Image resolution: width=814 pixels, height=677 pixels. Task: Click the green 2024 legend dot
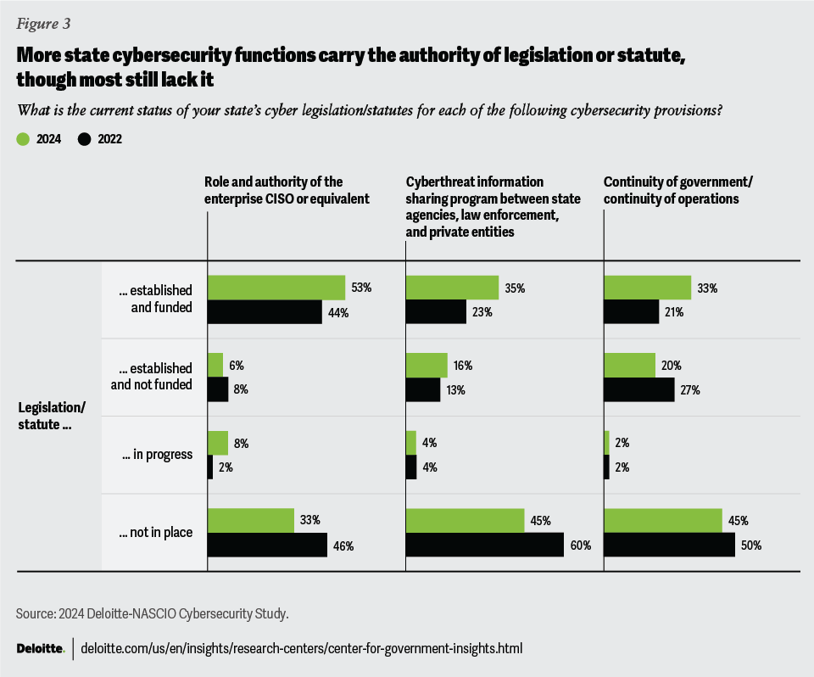pyautogui.click(x=23, y=139)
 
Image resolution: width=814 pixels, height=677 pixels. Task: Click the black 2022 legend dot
pyautogui.click(x=84, y=139)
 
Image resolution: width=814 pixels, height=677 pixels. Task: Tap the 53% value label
pyautogui.click(x=362, y=288)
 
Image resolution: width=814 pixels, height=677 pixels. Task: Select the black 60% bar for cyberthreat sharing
pyautogui.click(x=485, y=545)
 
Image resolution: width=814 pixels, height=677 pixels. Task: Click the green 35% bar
pyautogui.click(x=452, y=288)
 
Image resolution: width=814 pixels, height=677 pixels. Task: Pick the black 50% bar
pyautogui.click(x=669, y=545)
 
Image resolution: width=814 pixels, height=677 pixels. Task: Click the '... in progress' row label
pyautogui.click(x=157, y=454)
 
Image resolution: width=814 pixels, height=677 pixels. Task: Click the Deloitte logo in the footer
pyautogui.click(x=40, y=648)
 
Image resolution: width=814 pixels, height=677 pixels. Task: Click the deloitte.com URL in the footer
pyautogui.click(x=301, y=648)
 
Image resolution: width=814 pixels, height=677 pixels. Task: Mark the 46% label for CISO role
pyautogui.click(x=343, y=546)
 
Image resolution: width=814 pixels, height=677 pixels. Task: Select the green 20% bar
pyautogui.click(x=629, y=366)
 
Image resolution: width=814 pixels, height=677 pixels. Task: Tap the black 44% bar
pyautogui.click(x=264, y=312)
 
